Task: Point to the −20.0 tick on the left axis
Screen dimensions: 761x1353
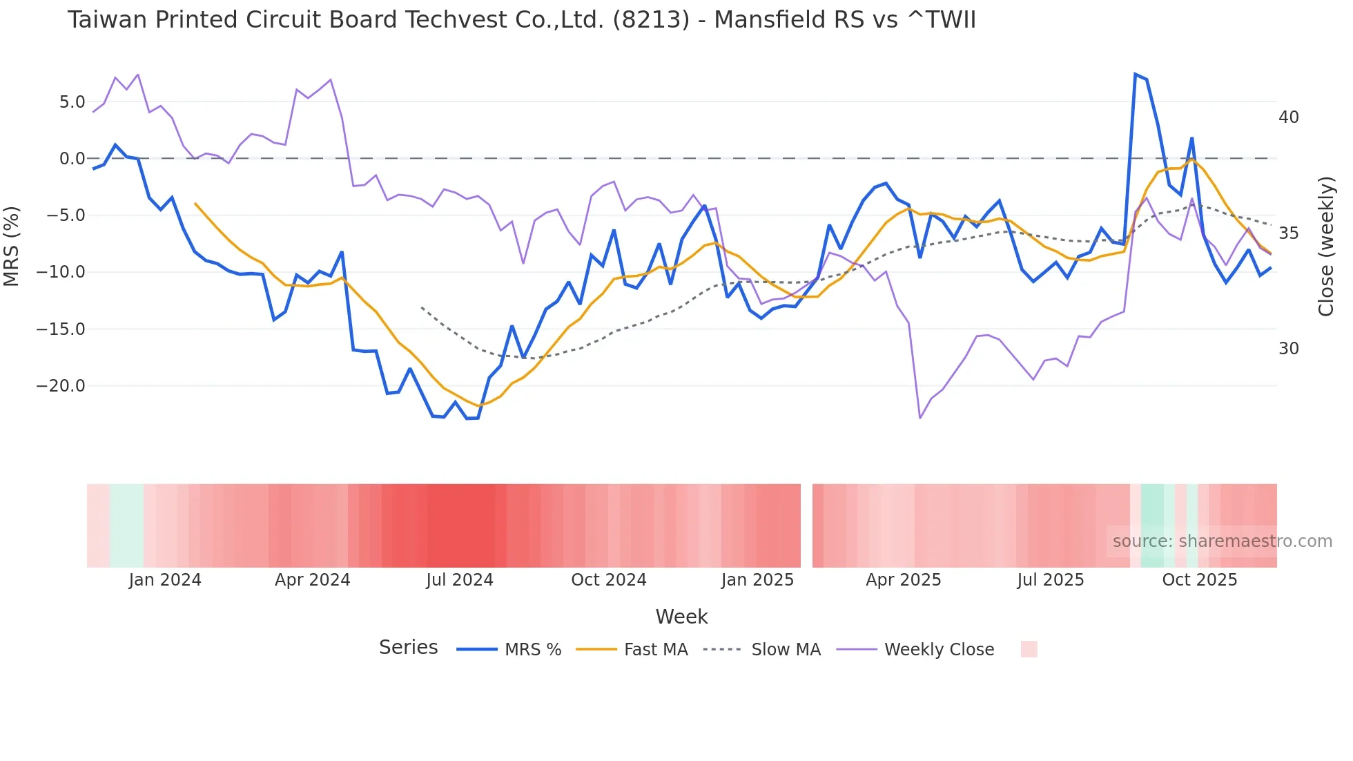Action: pyautogui.click(x=61, y=386)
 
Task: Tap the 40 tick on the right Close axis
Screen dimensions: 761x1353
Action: pyautogui.click(x=1288, y=117)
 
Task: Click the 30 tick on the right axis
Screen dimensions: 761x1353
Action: pyautogui.click(x=1288, y=349)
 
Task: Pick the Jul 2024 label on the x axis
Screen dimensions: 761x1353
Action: pyautogui.click(x=459, y=580)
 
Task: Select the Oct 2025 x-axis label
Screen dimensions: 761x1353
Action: pyautogui.click(x=1199, y=580)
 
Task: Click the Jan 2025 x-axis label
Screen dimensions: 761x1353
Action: pyautogui.click(x=757, y=580)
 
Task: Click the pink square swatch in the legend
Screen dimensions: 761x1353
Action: pyautogui.click(x=1029, y=649)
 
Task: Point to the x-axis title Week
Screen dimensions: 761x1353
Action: pyautogui.click(x=681, y=617)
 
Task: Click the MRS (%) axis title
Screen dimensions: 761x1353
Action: pyautogui.click(x=12, y=246)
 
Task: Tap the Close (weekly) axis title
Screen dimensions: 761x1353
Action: pyautogui.click(x=1325, y=246)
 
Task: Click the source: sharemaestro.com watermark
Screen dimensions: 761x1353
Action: pyautogui.click(x=1222, y=541)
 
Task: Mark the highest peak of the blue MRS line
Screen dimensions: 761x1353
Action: pyautogui.click(x=1135, y=74)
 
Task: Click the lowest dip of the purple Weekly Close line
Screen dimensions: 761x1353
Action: pyautogui.click(x=920, y=418)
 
